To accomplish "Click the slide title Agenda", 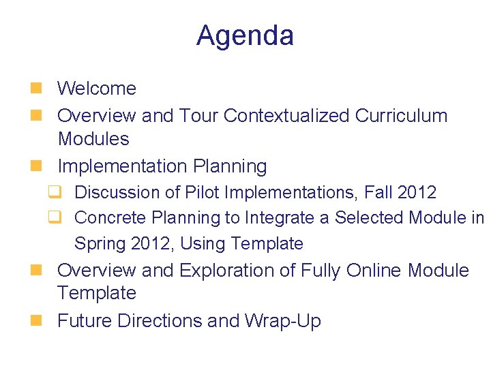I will coord(245,35).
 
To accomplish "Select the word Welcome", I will coord(97,89).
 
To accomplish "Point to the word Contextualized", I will coord(286,116).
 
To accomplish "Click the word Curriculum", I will coord(401,116).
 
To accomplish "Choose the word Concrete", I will coord(111,218).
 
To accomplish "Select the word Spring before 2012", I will coord(98,243).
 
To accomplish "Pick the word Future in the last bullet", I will coord(85,321).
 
